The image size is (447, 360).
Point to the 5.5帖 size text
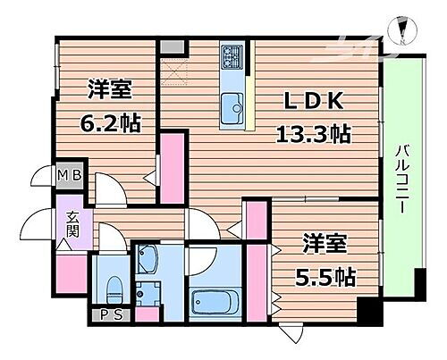[327, 276]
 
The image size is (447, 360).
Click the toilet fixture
[114, 289]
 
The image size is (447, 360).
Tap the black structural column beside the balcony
[367, 313]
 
